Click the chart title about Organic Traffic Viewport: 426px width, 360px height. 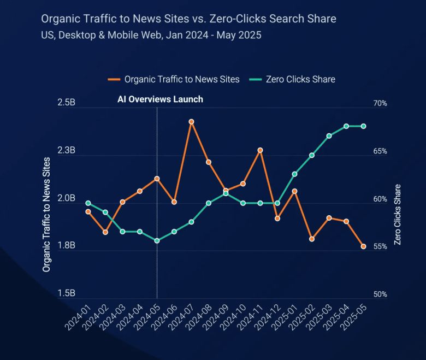tap(188, 19)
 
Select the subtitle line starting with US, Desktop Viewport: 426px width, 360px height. tap(151, 36)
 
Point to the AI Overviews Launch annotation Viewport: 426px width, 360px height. tap(160, 99)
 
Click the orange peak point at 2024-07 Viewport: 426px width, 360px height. tap(191, 121)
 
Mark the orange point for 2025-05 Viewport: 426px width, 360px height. tap(363, 246)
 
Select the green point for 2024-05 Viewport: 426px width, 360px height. tap(157, 240)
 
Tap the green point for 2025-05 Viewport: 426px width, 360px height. tap(363, 126)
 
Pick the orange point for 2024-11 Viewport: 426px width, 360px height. tap(260, 150)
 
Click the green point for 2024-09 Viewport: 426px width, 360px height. tap(226, 193)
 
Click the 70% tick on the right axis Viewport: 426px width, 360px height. tap(380, 103)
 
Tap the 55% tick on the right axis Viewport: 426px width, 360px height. tap(380, 246)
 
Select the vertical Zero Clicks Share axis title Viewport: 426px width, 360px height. tap(398, 214)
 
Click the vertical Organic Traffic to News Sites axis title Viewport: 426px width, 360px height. tap(46, 214)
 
